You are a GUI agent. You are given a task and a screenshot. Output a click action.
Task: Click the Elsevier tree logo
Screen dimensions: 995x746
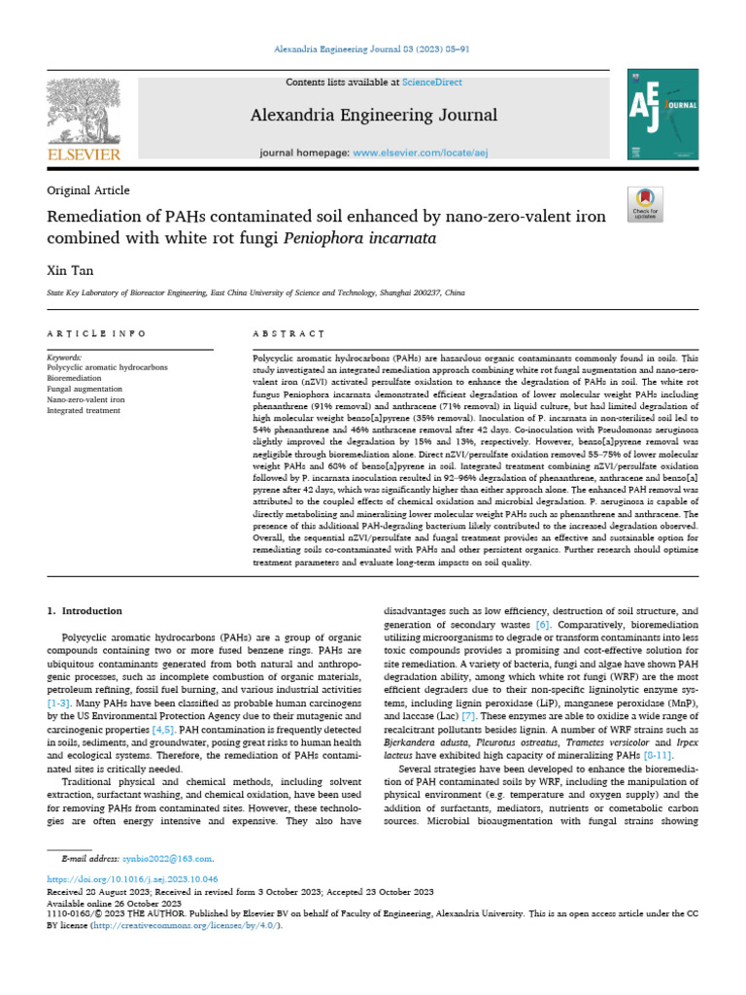(84, 110)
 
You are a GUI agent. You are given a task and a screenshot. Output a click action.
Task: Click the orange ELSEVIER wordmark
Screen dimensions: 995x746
(84, 154)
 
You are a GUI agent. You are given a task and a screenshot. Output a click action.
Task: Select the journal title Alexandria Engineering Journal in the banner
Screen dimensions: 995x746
(374, 116)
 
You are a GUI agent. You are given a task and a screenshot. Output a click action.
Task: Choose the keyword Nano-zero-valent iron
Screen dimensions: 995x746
(84, 399)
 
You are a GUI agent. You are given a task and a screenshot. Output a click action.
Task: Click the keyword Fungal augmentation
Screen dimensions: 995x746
(84, 389)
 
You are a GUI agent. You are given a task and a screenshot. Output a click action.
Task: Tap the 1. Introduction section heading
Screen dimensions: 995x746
(85, 611)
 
